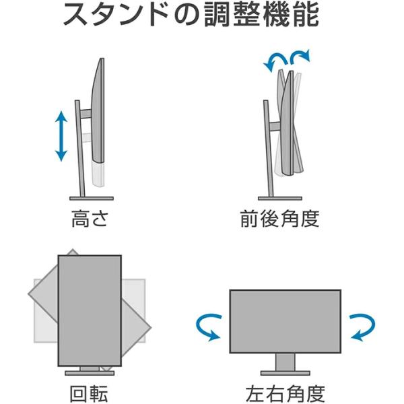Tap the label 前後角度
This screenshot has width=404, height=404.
click(x=279, y=220)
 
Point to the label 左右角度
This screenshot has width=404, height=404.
click(x=285, y=393)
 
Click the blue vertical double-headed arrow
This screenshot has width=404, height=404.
click(x=61, y=137)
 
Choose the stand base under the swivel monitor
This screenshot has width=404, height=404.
click(x=285, y=372)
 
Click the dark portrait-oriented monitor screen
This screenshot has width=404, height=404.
click(x=89, y=310)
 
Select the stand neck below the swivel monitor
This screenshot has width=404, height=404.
click(x=285, y=362)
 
